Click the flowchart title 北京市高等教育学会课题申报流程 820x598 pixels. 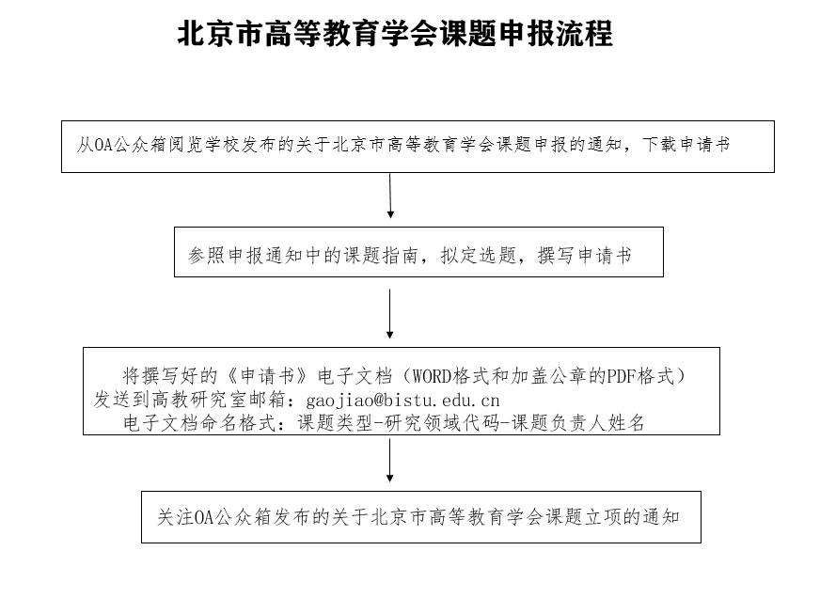[x=395, y=34]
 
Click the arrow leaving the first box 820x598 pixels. [x=390, y=196]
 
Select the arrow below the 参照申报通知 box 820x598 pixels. [x=389, y=314]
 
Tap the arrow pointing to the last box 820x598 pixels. [x=389, y=460]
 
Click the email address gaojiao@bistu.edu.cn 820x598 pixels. [x=402, y=401]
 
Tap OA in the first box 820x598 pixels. [x=103, y=145]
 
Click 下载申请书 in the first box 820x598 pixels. [x=686, y=145]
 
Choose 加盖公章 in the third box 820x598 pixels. [x=548, y=376]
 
